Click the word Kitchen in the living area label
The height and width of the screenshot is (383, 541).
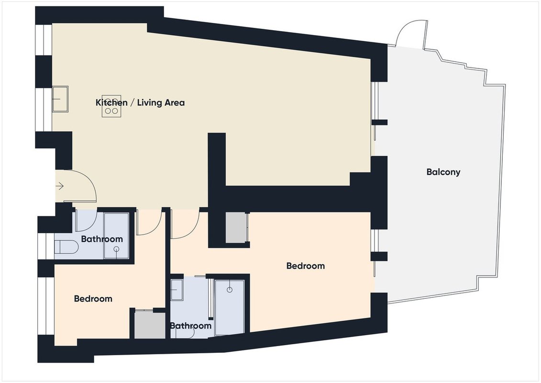coord(111,102)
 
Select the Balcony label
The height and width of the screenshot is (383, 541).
coord(443,172)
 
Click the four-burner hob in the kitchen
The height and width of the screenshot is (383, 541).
coord(111,106)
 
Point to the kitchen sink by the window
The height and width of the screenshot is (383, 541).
coord(60,99)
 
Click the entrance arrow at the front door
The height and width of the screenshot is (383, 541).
coord(60,186)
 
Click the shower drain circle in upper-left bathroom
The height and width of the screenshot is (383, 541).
coord(117,248)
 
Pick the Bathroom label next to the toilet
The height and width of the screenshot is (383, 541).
coord(102,239)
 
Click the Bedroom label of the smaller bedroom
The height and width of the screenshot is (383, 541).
coord(93,299)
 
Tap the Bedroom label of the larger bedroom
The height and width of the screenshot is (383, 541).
coord(306,266)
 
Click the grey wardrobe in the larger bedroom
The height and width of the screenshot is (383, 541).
coord(237,228)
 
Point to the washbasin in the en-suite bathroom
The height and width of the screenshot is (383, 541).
coord(177,290)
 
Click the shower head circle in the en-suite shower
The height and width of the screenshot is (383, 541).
coord(230,290)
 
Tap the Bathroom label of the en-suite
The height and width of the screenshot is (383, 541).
coord(191,326)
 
